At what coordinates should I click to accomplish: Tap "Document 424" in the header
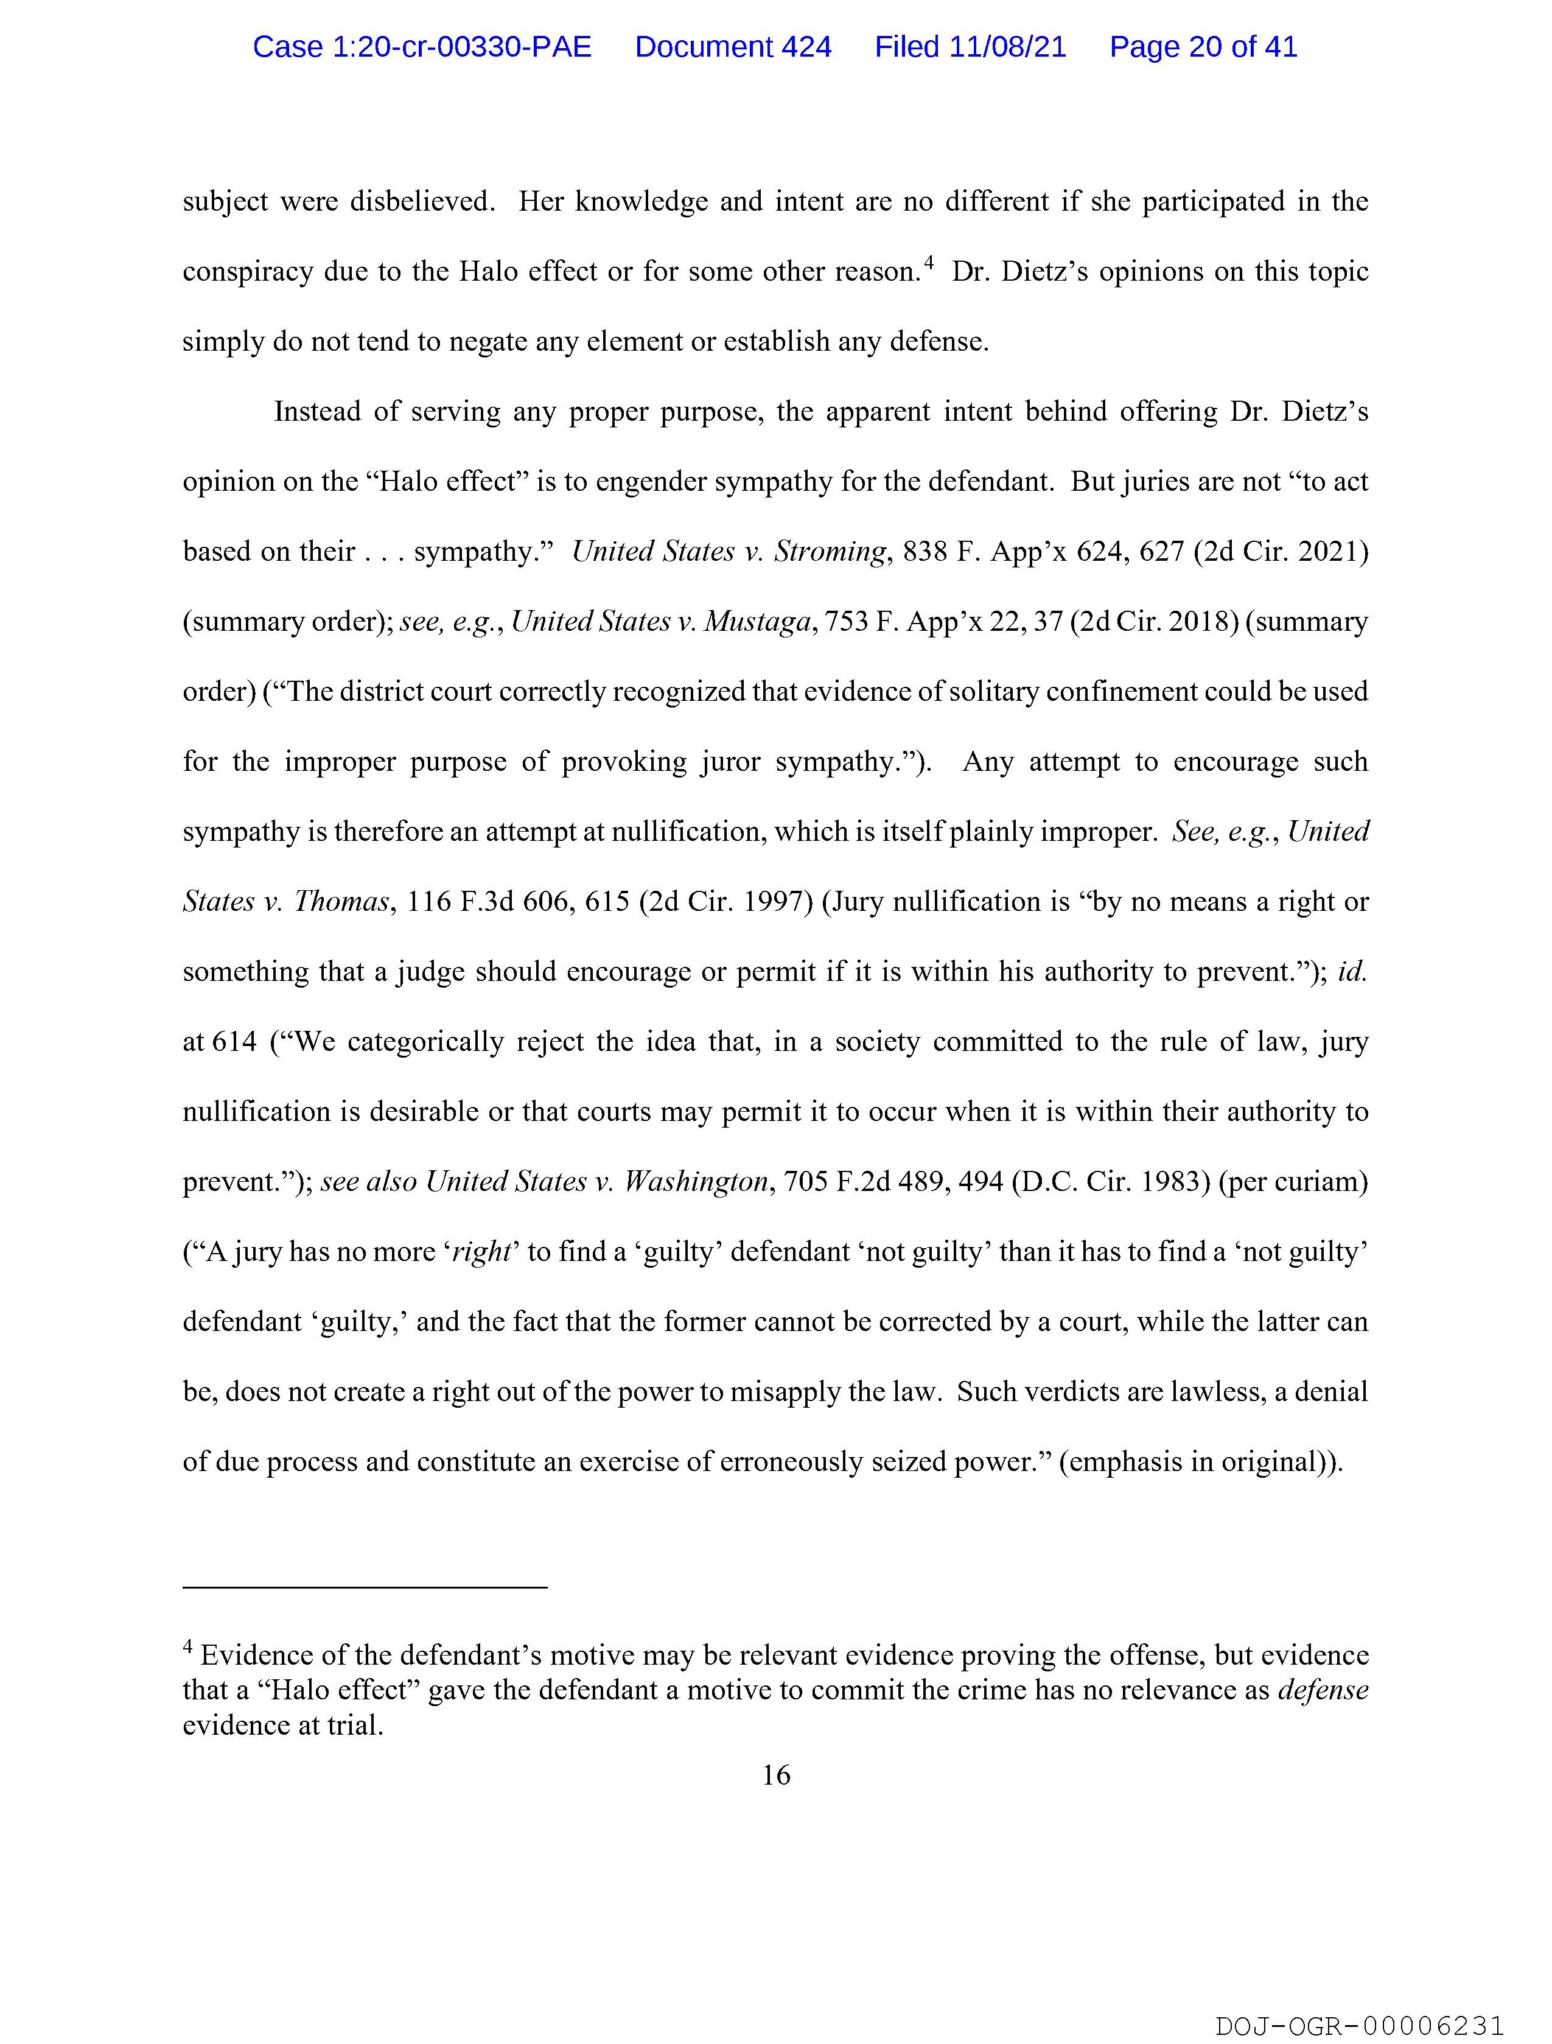pyautogui.click(x=733, y=47)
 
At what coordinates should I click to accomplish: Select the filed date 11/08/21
pyautogui.click(x=1007, y=47)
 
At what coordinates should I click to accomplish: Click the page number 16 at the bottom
pyautogui.click(x=776, y=1775)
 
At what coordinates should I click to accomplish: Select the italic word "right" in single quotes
pyautogui.click(x=482, y=1252)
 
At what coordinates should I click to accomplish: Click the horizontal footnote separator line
pyautogui.click(x=365, y=1587)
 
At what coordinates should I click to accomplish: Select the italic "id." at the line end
pyautogui.click(x=1352, y=972)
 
